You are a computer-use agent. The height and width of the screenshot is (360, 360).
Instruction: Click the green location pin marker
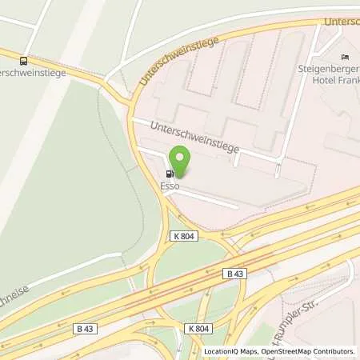(x=180, y=162)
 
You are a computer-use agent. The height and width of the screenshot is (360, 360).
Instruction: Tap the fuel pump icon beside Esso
(x=169, y=174)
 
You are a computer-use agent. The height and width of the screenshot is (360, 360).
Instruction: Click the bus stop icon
(x=24, y=61)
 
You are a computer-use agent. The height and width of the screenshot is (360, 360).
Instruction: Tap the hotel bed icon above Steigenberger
(x=345, y=57)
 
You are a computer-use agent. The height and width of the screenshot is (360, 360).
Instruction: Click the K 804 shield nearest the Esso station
(x=183, y=235)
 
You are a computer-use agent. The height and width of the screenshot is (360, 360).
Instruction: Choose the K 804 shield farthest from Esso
(x=199, y=328)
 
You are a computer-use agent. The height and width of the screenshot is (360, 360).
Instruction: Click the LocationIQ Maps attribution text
(x=230, y=351)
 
